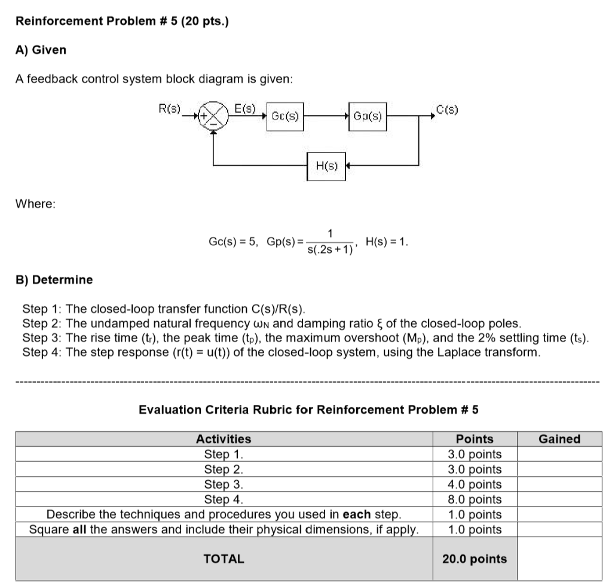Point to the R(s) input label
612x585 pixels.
(x=169, y=109)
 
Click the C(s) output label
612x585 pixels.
(x=447, y=109)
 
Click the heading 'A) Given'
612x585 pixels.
(x=41, y=50)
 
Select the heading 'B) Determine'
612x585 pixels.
(x=54, y=279)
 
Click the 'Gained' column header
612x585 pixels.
(x=559, y=439)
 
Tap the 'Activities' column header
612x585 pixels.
(x=224, y=439)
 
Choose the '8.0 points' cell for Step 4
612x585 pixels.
(x=475, y=499)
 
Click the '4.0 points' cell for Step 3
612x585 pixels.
(x=475, y=484)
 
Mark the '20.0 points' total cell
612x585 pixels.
(x=475, y=559)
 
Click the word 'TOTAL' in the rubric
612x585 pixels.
(x=224, y=559)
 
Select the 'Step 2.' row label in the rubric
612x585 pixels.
(x=224, y=469)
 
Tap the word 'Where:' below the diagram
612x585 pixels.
(x=35, y=204)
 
